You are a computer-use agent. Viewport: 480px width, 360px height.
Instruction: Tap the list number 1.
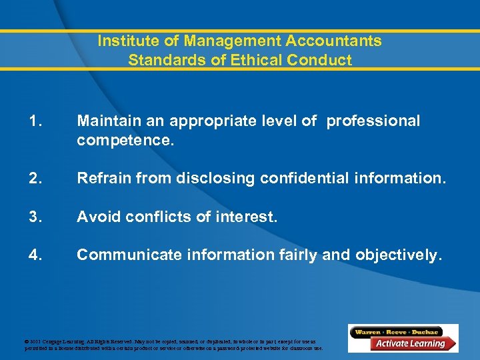[x=36, y=121]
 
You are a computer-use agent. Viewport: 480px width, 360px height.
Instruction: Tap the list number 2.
[x=36, y=178]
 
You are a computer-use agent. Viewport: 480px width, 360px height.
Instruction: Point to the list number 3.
[x=36, y=217]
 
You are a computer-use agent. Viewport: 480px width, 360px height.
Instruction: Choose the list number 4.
[x=36, y=255]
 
